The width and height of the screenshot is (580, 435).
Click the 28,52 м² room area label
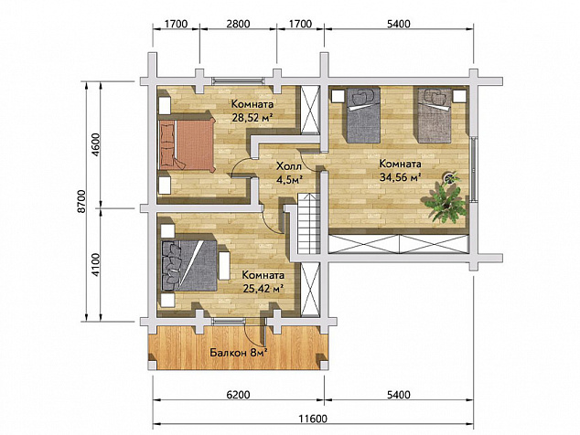(x=252, y=118)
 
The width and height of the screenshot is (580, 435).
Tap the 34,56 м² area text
(x=401, y=177)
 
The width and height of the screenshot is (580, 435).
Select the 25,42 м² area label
(x=263, y=288)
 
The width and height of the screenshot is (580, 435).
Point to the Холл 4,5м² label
(x=290, y=173)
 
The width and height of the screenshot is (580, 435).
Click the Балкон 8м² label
(x=239, y=353)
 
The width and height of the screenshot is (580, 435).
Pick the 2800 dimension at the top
(x=238, y=24)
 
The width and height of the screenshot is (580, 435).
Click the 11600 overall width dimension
(x=313, y=419)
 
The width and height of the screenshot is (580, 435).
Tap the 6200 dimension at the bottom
(x=238, y=395)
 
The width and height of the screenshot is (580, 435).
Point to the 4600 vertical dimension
(x=95, y=144)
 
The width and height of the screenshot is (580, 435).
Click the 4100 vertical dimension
(x=95, y=265)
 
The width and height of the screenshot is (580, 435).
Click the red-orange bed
(x=188, y=144)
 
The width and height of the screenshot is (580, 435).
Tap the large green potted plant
(x=445, y=203)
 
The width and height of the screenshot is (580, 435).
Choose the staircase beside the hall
(x=308, y=223)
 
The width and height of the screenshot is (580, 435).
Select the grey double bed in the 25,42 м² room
(x=189, y=266)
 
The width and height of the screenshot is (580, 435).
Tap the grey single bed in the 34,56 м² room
(x=363, y=115)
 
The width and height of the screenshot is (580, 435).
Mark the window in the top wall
(x=239, y=81)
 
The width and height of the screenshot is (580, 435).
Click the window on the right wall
(x=473, y=169)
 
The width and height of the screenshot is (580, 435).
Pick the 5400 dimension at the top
(x=398, y=24)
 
